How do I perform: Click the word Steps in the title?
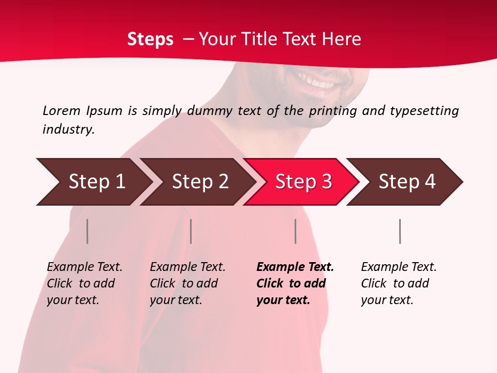pyautogui.click(x=150, y=39)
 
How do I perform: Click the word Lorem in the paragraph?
pyautogui.click(x=61, y=110)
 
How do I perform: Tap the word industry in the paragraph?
pyautogui.click(x=68, y=129)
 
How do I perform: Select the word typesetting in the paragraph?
pyautogui.click(x=424, y=111)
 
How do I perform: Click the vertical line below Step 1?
pyautogui.click(x=87, y=231)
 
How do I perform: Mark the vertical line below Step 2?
pyautogui.click(x=191, y=231)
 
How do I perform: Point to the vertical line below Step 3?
pyautogui.click(x=295, y=231)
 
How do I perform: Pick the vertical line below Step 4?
pyautogui.click(x=400, y=231)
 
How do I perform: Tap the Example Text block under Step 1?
pyautogui.click(x=84, y=283)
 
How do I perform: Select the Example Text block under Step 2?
pyautogui.click(x=187, y=283)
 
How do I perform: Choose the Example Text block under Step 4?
pyautogui.click(x=399, y=283)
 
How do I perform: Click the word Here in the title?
pyautogui.click(x=341, y=39)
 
